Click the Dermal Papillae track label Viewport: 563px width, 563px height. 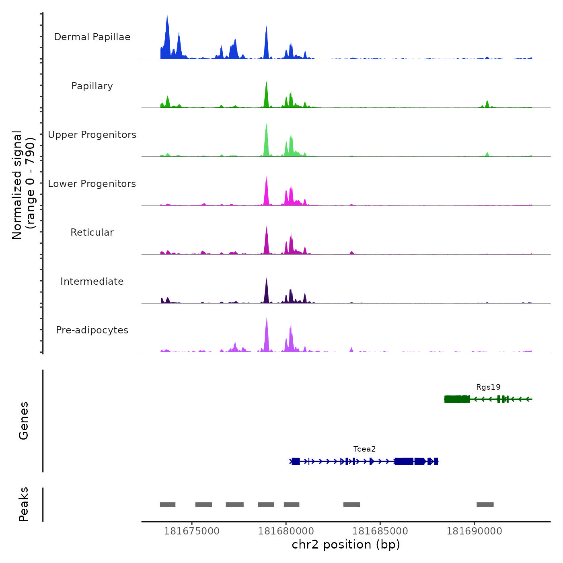click(x=92, y=37)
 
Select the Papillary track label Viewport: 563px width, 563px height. click(x=92, y=86)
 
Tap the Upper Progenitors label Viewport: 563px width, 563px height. click(x=92, y=135)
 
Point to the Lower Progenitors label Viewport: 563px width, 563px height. click(x=92, y=184)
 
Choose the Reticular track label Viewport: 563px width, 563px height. click(x=92, y=232)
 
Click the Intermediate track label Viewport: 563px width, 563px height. click(x=92, y=281)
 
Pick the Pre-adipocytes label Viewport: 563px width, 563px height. click(x=92, y=330)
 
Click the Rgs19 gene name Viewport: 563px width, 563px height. click(x=488, y=387)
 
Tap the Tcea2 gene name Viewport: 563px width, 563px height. click(x=364, y=449)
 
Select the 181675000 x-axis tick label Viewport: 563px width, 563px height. click(x=192, y=531)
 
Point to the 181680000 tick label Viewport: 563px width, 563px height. click(x=286, y=531)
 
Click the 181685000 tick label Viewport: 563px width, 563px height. click(x=380, y=531)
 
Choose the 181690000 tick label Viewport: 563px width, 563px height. click(x=475, y=531)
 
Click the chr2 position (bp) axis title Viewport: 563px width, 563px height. click(x=346, y=545)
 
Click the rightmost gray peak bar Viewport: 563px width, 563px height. click(x=485, y=505)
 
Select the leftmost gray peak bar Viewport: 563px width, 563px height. click(x=168, y=505)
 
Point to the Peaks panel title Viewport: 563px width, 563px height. click(x=24, y=504)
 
